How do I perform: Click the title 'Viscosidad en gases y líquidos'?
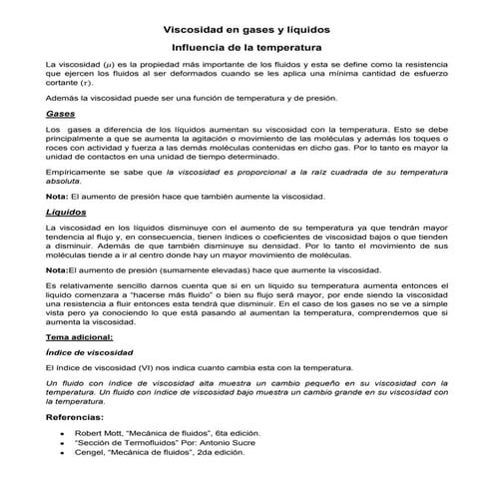(247, 29)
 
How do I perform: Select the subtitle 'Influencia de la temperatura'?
(247, 47)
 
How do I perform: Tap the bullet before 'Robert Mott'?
(63, 434)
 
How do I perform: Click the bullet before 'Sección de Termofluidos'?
(63, 443)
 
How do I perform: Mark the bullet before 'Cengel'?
(63, 452)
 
